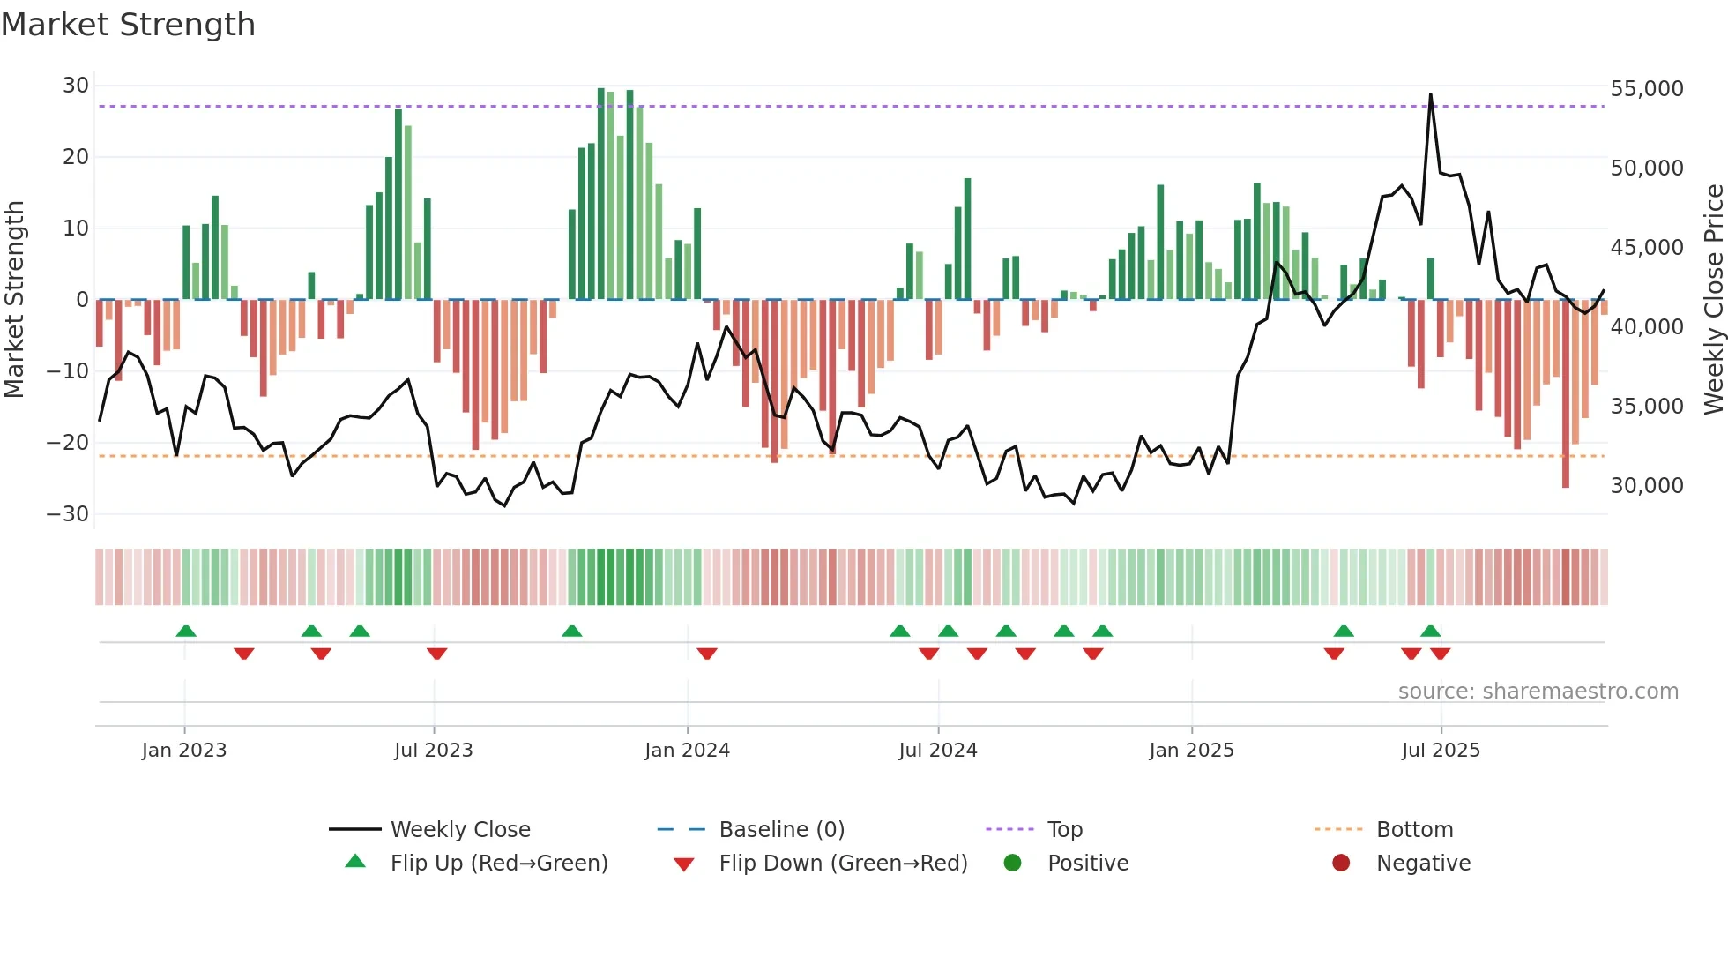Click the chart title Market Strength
[128, 25]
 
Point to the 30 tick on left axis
[76, 86]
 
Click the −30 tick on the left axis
[68, 514]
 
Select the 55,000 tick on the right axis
[1646, 89]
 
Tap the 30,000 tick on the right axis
[1646, 486]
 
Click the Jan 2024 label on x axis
[687, 751]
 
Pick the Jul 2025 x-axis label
[1441, 751]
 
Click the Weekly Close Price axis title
[1713, 300]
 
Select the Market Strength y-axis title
[15, 300]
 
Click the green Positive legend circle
[1012, 864]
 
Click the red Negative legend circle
[1341, 864]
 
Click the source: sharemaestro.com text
[1538, 692]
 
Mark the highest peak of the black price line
[1430, 94]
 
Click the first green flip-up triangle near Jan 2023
[186, 632]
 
